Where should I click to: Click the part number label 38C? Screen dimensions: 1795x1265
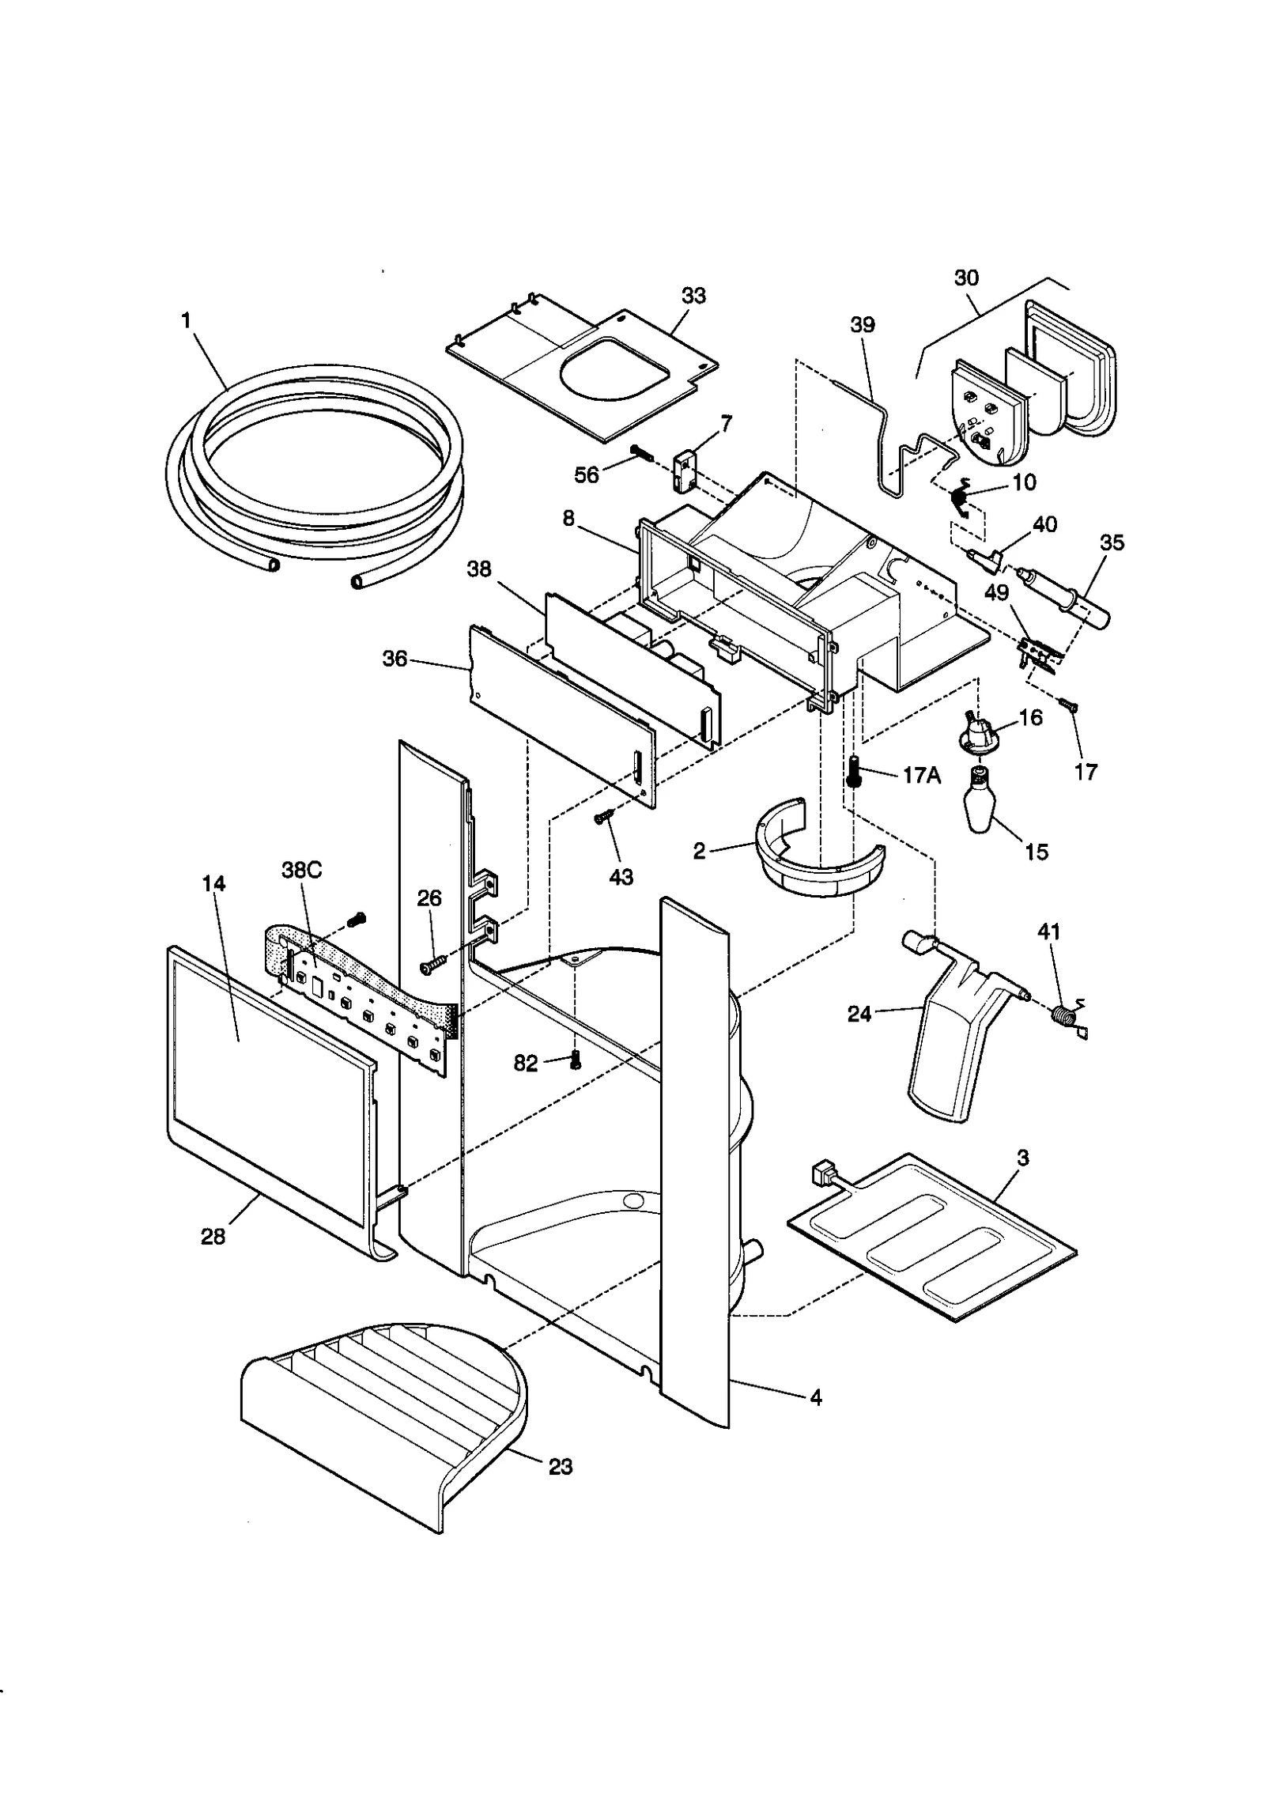(x=301, y=870)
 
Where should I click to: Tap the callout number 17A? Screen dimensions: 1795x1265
(x=921, y=776)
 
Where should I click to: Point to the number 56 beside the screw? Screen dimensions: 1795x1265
(x=587, y=474)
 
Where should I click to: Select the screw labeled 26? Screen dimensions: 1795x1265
(x=433, y=965)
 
